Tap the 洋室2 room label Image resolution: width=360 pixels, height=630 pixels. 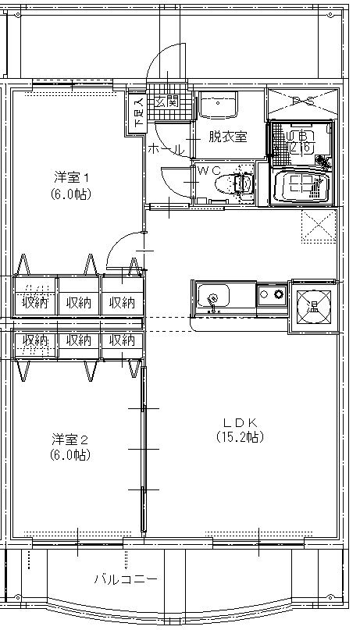tap(70, 438)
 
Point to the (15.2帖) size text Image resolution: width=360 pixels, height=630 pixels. tap(240, 437)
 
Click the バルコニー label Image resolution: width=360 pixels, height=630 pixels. tap(126, 580)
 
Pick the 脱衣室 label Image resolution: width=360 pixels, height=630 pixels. tap(227, 136)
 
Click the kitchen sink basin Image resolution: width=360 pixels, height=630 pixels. tap(214, 297)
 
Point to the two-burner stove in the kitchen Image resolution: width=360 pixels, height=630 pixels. tap(273, 295)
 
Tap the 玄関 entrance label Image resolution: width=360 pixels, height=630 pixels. tap(167, 101)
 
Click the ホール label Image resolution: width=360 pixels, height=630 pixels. tap(166, 148)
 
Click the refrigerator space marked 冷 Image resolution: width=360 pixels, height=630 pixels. tap(315, 305)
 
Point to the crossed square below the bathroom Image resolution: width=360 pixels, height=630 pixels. tap(319, 226)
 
